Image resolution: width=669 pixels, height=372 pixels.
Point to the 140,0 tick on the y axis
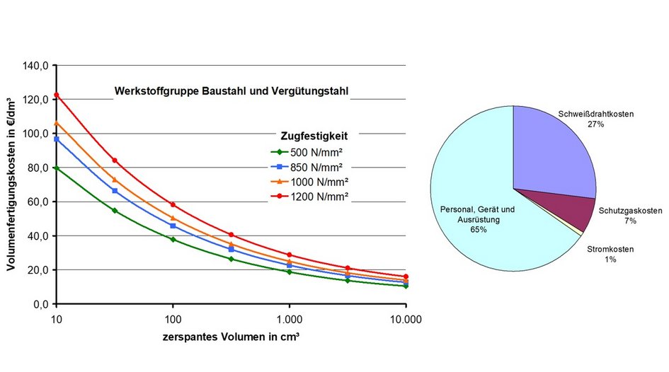click(x=35, y=66)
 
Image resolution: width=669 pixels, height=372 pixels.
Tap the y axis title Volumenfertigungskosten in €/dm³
click(x=12, y=185)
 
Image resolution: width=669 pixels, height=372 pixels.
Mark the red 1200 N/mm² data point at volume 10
click(x=57, y=95)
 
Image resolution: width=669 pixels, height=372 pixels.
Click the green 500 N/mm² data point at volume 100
click(x=173, y=240)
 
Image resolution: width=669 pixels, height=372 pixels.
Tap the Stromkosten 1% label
click(x=610, y=255)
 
